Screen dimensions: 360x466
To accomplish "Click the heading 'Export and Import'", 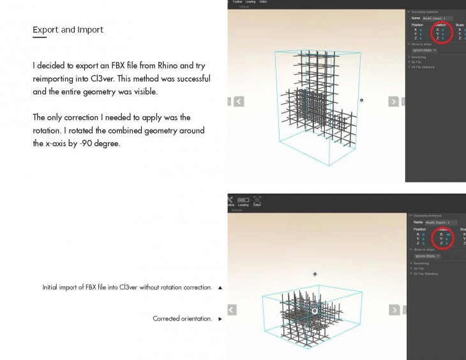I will click(x=68, y=30).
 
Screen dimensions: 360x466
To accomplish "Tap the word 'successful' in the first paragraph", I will click(x=188, y=79).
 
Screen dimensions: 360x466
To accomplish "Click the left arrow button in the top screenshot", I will click(x=238, y=101).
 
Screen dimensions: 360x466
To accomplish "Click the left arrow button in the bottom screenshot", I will click(x=232, y=310).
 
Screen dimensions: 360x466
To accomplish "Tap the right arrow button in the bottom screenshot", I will click(x=396, y=310).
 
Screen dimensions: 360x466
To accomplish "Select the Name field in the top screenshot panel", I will click(x=440, y=18).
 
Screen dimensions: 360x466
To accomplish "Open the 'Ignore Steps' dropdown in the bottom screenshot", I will click(x=427, y=256).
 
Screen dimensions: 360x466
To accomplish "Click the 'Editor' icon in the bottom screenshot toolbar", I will click(x=257, y=200).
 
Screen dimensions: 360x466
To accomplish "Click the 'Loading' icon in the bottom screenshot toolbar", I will click(x=243, y=200).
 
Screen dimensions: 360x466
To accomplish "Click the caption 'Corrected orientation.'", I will click(x=183, y=318).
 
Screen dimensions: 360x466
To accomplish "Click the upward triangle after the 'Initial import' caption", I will click(x=220, y=288).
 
